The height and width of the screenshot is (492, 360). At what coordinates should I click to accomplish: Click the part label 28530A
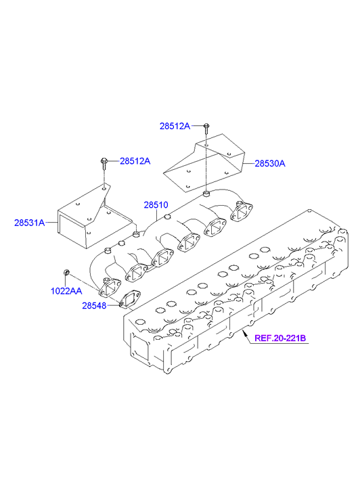pyautogui.click(x=270, y=164)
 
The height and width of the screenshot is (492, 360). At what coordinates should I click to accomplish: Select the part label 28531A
pyautogui.click(x=30, y=223)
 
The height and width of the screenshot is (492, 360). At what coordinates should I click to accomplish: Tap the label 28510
pyautogui.click(x=156, y=205)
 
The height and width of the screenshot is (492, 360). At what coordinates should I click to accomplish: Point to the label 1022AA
pyautogui.click(x=66, y=291)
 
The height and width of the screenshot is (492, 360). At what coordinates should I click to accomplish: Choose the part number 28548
pyautogui.click(x=94, y=305)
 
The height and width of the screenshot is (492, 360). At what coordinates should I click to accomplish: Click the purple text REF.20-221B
pyautogui.click(x=280, y=338)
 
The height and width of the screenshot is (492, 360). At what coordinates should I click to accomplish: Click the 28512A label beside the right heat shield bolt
pyautogui.click(x=175, y=126)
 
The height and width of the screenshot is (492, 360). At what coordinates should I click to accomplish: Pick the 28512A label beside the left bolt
pyautogui.click(x=135, y=161)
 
